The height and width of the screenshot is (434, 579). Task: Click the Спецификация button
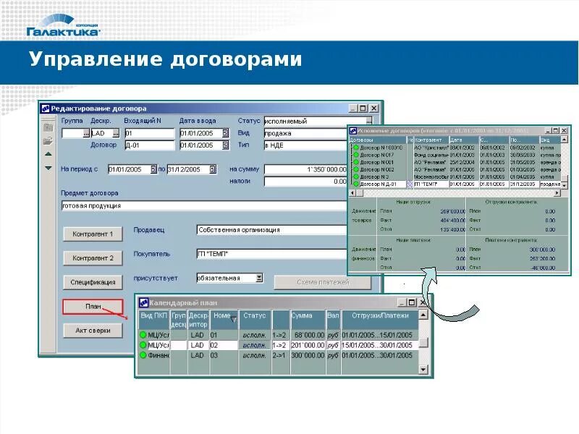point(93,282)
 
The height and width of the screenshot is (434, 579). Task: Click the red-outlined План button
point(93,307)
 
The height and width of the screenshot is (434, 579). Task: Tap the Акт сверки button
point(93,331)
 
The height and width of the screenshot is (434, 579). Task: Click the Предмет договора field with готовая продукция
point(203,205)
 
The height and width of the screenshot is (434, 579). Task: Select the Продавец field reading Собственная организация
point(271,230)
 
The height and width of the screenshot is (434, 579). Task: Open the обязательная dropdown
point(259,278)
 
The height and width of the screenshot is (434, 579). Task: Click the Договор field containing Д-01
point(150,145)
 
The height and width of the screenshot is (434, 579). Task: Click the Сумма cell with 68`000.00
point(308,336)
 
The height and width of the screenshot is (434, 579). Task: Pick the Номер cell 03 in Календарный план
point(222,356)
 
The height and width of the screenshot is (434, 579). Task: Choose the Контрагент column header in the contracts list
point(431,140)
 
